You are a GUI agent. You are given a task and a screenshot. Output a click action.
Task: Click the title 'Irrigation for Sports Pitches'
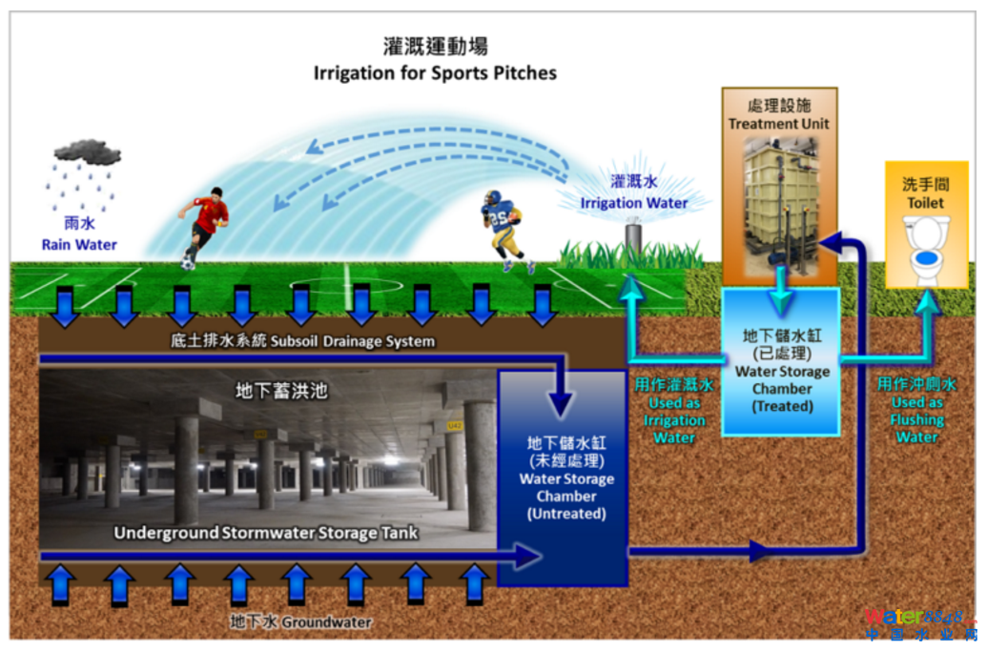pyautogui.click(x=435, y=72)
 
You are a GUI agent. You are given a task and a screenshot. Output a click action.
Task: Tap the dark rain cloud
pyautogui.click(x=87, y=152)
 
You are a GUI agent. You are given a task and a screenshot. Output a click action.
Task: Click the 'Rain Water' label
pyautogui.click(x=79, y=245)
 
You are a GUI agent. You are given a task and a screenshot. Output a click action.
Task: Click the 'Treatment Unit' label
pyautogui.click(x=779, y=124)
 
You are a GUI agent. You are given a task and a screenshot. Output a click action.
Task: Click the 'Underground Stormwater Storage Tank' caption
pyautogui.click(x=266, y=533)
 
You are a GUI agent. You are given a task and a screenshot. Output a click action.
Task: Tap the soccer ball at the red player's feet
pyautogui.click(x=188, y=262)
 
